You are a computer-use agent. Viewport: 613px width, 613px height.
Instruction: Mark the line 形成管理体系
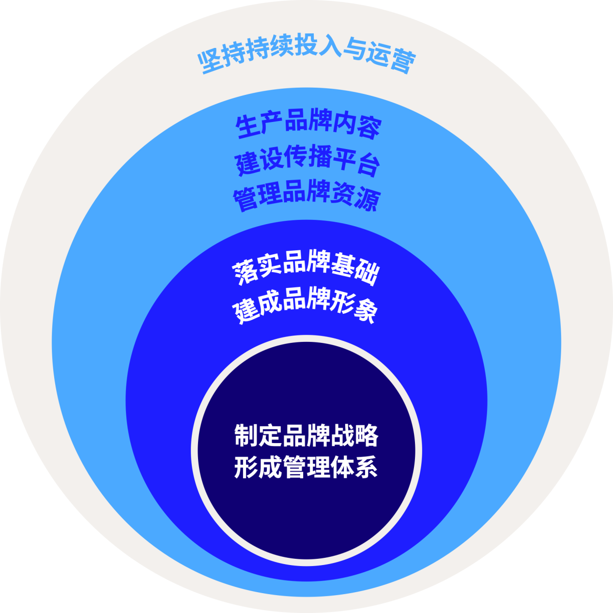pos(306,467)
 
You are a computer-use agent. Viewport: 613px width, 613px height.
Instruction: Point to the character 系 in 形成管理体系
pos(366,467)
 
